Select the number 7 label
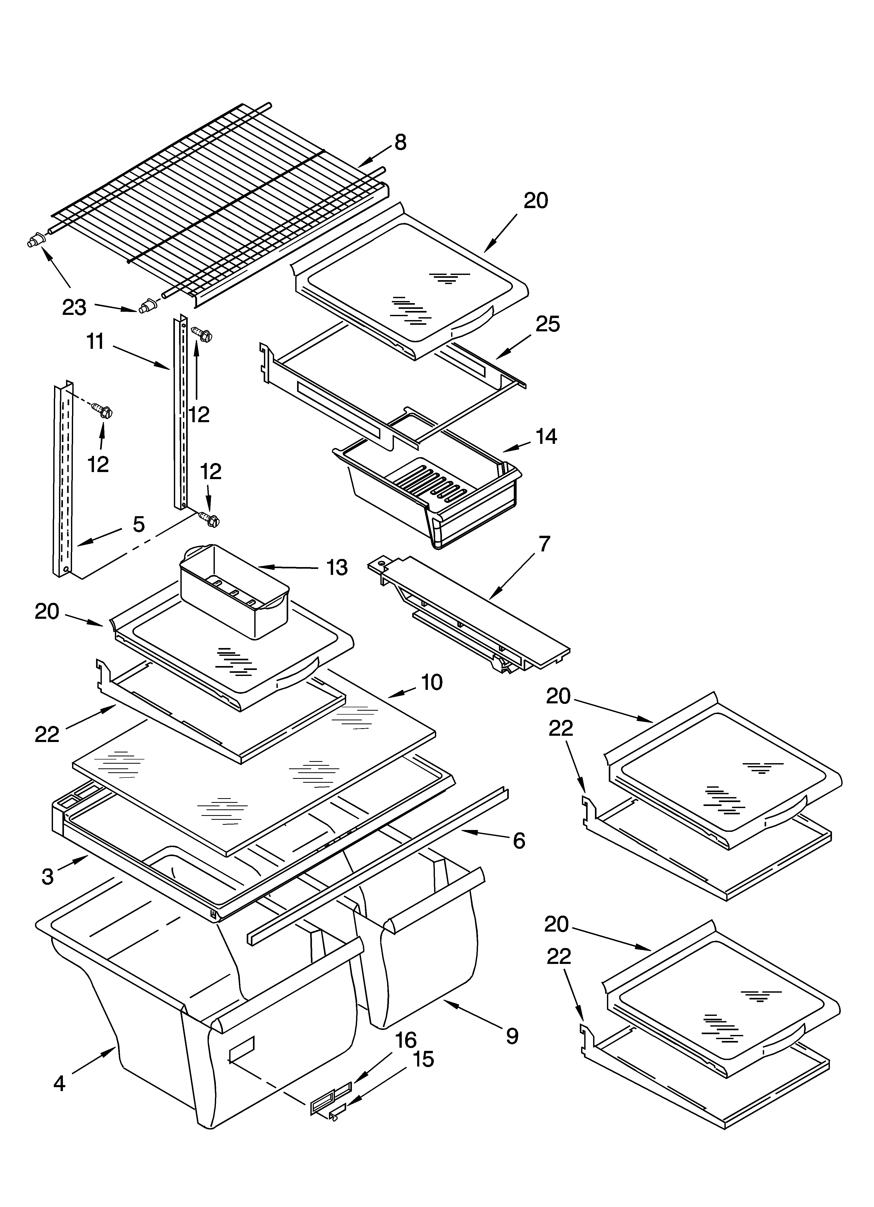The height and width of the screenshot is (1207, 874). [544, 544]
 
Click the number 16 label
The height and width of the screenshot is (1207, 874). [406, 1040]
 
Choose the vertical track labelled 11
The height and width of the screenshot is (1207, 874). [180, 415]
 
